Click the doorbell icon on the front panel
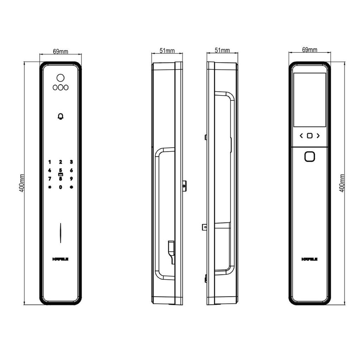[60, 117]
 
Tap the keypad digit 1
[50, 162]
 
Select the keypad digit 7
[50, 179]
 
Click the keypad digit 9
[71, 179]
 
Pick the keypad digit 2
[60, 162]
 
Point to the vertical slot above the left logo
[60, 233]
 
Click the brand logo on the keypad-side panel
[60, 259]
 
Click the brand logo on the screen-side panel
[310, 259]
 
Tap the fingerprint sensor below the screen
[309, 156]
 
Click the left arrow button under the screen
[301, 136]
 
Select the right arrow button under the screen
[318, 136]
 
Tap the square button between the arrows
[309, 136]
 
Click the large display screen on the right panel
[309, 100]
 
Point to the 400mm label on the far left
[22, 183]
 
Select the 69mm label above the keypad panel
[60, 51]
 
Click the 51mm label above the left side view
[167, 51]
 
